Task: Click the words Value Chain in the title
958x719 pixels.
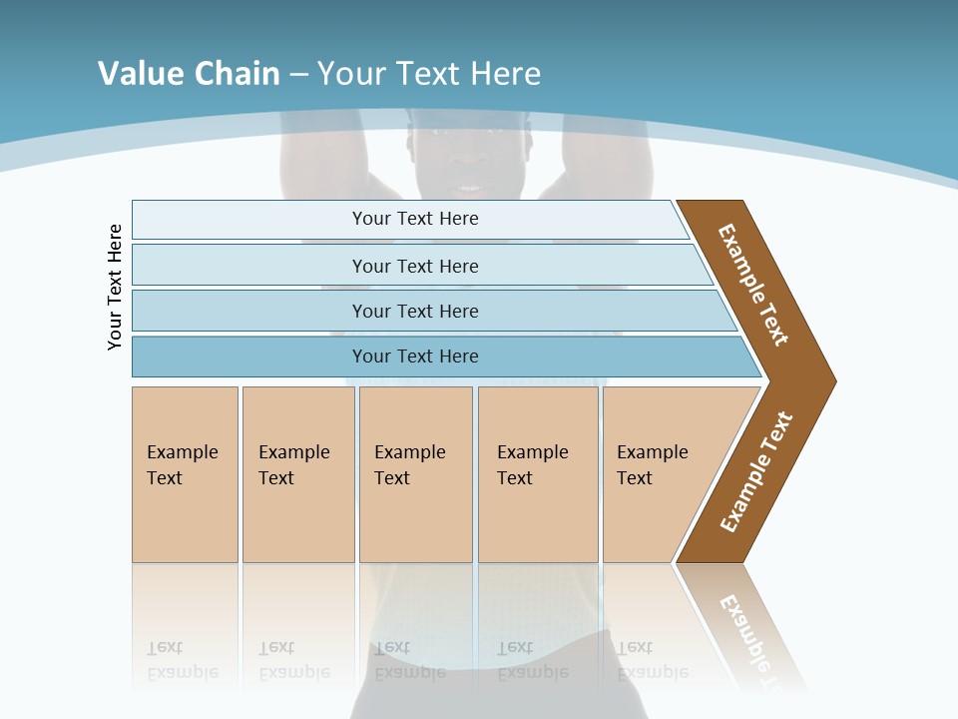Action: pos(189,74)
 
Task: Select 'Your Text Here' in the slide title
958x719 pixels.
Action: pos(429,74)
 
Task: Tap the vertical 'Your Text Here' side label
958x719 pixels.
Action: pos(116,288)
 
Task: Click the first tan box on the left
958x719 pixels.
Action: pos(185,474)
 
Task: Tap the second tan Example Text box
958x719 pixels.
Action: pos(297,474)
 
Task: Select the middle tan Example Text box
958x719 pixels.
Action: pos(415,474)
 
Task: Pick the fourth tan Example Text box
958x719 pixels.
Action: pos(538,474)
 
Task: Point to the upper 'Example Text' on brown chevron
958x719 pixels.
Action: pos(753,285)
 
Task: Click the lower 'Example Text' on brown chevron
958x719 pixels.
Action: pos(756,472)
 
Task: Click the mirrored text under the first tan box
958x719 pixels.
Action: pos(183,660)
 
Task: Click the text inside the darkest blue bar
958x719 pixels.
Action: pos(415,357)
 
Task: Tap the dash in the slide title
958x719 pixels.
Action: pos(298,75)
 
